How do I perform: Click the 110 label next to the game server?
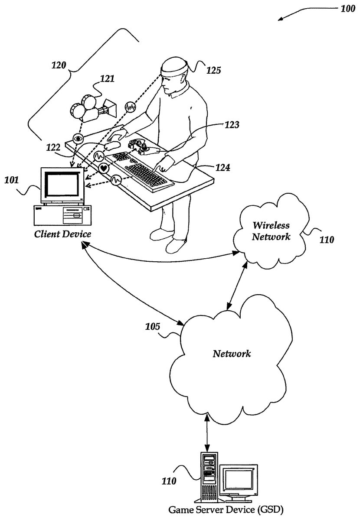(170, 480)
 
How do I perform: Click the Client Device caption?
(63, 234)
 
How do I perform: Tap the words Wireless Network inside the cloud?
(272, 231)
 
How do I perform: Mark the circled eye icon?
(79, 139)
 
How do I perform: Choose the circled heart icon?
(104, 168)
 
